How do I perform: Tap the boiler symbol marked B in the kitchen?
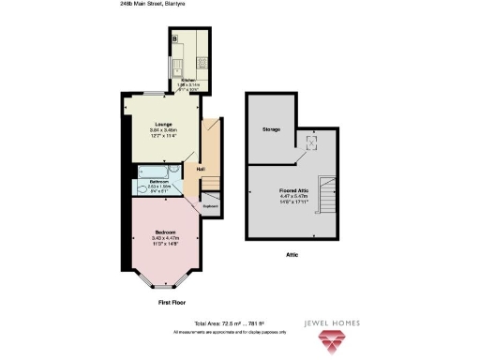(175, 38)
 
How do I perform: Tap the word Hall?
(201, 168)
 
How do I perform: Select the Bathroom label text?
(159, 181)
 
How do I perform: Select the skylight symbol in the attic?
(312, 141)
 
